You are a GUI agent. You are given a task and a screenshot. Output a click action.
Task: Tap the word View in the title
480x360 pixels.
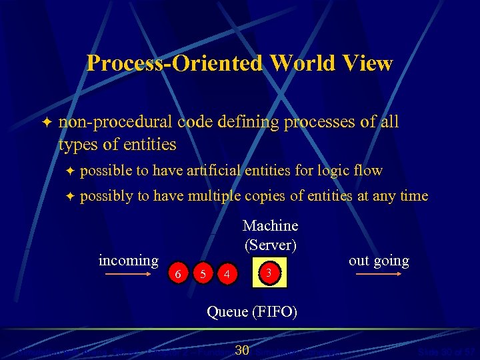click(367, 64)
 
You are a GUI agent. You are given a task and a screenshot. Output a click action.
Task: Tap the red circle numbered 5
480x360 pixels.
click(202, 273)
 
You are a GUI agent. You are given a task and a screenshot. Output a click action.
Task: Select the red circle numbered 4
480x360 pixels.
click(227, 273)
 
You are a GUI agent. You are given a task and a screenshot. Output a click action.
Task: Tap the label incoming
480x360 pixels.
click(129, 260)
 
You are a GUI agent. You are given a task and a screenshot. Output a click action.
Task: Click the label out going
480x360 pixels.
click(379, 261)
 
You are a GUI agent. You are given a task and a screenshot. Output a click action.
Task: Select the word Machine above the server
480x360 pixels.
click(270, 226)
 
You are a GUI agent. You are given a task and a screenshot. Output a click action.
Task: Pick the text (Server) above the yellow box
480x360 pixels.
click(270, 245)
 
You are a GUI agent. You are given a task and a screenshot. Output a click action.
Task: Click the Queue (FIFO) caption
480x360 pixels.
click(253, 311)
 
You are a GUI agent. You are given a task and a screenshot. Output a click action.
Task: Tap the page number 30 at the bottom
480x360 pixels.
click(243, 351)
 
